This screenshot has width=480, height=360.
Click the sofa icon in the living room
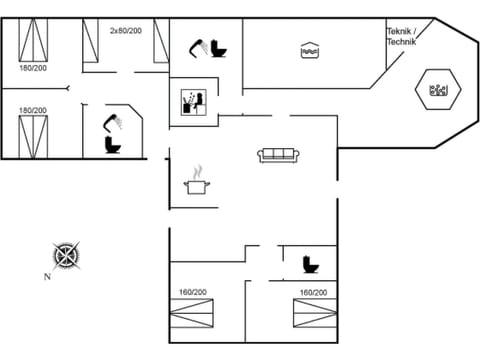pos(279,154)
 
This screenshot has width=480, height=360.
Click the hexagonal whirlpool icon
pos(437,92)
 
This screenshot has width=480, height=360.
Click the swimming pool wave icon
pos(308,49)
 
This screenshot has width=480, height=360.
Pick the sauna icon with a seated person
pos(193,102)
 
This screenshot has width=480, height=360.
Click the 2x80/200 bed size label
pos(126,31)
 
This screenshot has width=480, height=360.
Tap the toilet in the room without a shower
pos(310,264)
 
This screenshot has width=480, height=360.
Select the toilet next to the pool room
pos(218,47)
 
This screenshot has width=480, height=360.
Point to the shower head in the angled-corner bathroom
pos(114,122)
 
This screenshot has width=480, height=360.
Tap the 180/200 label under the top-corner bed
pos(32,69)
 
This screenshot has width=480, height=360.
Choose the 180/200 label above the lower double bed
pos(32,110)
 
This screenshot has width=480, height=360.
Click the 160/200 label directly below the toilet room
pos(312,292)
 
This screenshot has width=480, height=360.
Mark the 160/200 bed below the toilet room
pos(312,316)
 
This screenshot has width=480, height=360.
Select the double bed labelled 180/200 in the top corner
pos(34,41)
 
